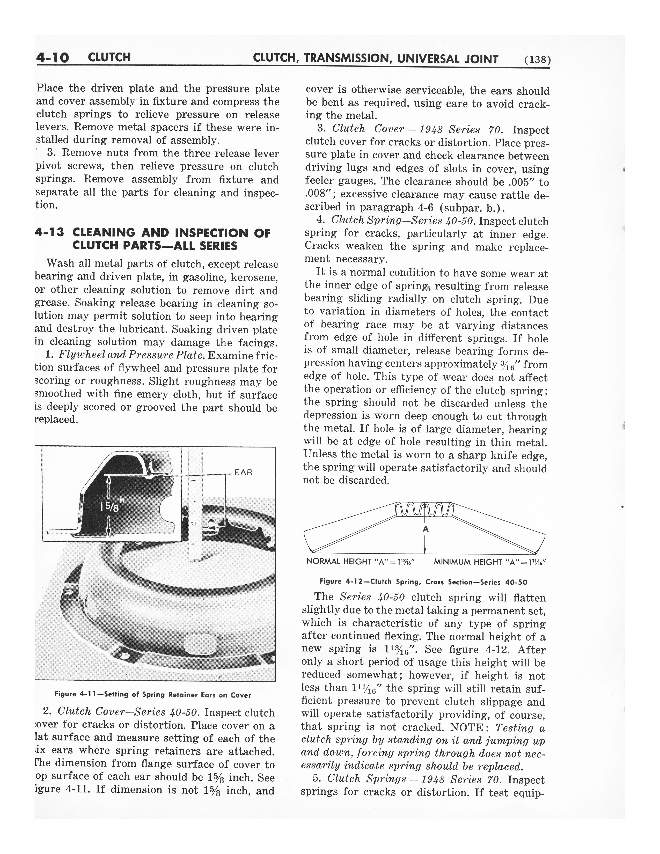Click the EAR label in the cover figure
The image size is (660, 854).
[244, 472]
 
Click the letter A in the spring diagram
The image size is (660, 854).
[426, 529]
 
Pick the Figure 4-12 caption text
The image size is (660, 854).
[423, 582]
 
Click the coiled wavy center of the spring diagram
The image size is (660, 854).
[424, 510]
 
